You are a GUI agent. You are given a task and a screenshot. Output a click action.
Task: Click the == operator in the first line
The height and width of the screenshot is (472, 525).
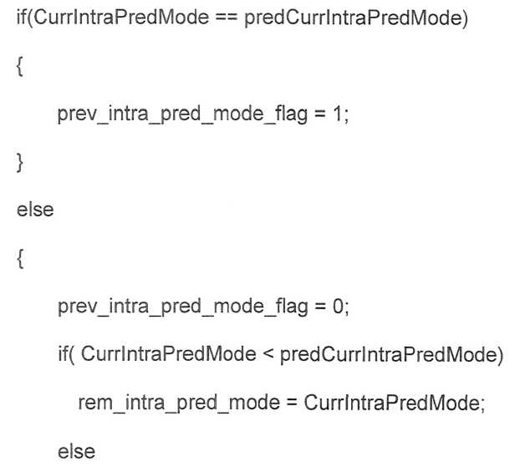(227, 18)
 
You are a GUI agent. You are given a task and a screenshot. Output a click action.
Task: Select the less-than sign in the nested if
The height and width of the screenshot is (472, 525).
(268, 354)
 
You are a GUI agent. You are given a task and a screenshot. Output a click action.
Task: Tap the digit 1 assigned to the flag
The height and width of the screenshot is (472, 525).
(337, 114)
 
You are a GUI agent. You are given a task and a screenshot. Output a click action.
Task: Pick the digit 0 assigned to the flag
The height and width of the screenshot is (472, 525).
(338, 307)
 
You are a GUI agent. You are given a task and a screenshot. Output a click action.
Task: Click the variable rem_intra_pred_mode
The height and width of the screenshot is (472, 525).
(179, 403)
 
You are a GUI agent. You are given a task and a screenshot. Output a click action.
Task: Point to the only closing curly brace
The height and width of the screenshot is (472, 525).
(20, 163)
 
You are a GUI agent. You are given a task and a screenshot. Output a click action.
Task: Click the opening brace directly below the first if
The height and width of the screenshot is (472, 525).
(20, 67)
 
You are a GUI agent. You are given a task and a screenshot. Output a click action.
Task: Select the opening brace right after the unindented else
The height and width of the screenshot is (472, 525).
(20, 259)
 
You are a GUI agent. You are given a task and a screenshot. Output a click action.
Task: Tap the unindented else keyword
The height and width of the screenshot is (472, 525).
(35, 210)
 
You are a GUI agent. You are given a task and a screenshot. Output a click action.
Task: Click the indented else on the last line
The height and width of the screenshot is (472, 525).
(76, 452)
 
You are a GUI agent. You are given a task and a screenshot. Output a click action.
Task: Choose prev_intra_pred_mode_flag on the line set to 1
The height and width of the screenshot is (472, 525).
(182, 114)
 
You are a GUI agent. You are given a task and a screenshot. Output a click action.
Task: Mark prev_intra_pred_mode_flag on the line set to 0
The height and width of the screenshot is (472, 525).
(183, 307)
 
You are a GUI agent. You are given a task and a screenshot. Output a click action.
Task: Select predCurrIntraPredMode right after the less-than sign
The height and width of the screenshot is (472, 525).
(389, 354)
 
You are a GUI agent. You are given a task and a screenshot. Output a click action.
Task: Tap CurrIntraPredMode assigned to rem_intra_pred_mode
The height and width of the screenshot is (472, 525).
(392, 403)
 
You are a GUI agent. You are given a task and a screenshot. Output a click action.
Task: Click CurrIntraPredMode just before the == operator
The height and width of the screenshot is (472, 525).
(121, 17)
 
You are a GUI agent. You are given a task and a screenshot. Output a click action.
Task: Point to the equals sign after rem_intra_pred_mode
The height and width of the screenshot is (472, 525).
(292, 403)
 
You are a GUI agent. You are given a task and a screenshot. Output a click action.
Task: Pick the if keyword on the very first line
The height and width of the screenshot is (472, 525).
(21, 17)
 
